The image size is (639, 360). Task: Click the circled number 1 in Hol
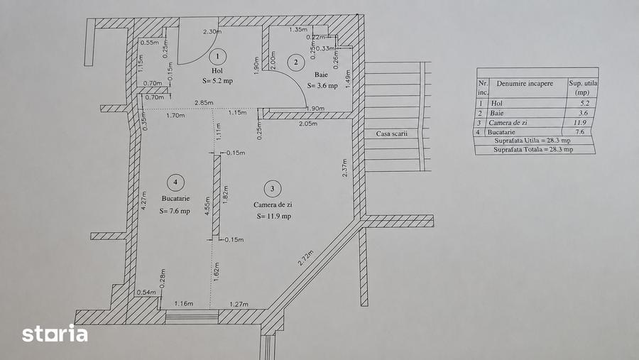(x=218, y=56)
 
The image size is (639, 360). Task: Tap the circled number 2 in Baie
(x=296, y=62)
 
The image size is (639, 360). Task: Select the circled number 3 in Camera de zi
(x=272, y=188)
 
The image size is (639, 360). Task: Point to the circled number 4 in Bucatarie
(x=175, y=182)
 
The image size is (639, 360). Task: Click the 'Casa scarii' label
(x=392, y=133)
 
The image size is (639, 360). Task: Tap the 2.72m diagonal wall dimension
(x=305, y=258)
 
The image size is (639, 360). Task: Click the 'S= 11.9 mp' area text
(x=274, y=216)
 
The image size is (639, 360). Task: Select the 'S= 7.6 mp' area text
(x=175, y=211)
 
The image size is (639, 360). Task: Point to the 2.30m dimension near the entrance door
(x=212, y=31)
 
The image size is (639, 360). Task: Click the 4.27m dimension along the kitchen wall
(x=143, y=200)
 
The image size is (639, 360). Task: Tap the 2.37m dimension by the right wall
(x=345, y=168)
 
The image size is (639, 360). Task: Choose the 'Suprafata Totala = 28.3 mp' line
(x=533, y=150)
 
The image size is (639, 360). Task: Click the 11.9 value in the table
(x=579, y=122)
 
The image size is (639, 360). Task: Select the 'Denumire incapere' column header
(x=525, y=83)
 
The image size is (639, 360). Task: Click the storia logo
(x=55, y=334)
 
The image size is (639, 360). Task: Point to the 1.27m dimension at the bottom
(x=239, y=304)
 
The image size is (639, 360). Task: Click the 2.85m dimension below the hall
(x=204, y=102)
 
